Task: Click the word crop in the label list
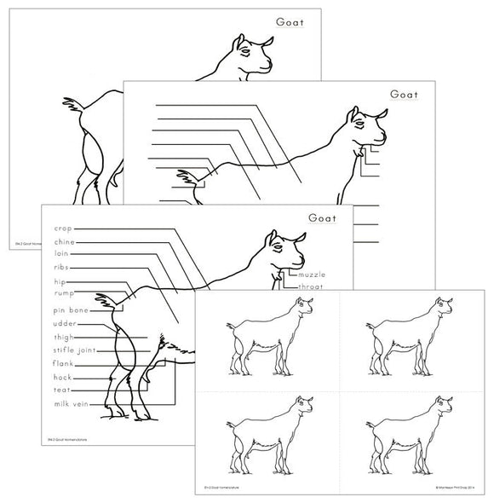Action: coord(63,228)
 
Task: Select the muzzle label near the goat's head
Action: coord(311,275)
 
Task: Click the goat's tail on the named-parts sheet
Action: coord(109,300)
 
